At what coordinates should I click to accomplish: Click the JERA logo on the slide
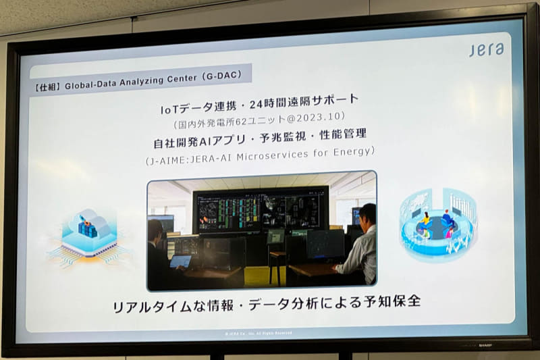[x=486, y=49]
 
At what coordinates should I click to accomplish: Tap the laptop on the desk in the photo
[x=180, y=261]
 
